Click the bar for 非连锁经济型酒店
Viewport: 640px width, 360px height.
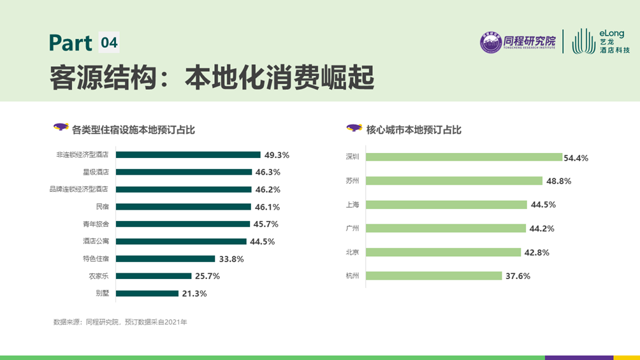(188, 155)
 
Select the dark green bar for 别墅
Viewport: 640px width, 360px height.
(147, 294)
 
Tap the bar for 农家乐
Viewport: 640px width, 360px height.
(154, 276)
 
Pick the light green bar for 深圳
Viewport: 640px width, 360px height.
(465, 157)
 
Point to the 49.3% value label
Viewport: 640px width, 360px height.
(277, 155)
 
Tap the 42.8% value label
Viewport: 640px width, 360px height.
(536, 252)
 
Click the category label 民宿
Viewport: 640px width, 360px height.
(102, 207)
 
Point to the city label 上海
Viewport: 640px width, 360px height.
(353, 205)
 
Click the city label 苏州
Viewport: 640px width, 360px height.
(353, 181)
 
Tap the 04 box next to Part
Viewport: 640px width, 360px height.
(109, 43)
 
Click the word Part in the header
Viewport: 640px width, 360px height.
(71, 43)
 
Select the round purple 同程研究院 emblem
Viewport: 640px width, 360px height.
(491, 43)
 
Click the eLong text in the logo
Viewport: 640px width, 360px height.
(611, 33)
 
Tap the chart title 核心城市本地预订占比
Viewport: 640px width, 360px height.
(414, 130)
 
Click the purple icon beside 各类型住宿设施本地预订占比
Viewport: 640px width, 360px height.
(61, 127)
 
